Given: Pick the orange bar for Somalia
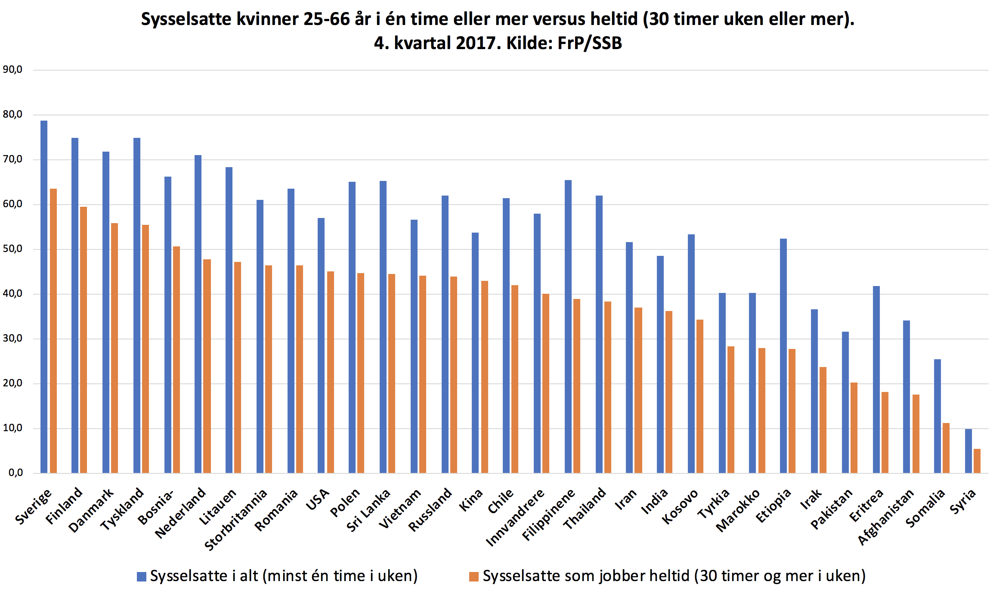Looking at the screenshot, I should pyautogui.click(x=946, y=448).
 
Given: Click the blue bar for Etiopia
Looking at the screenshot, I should pyautogui.click(x=783, y=355).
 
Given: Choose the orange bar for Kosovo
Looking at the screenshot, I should pyautogui.click(x=700, y=396).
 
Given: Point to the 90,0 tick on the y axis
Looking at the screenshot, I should pyautogui.click(x=12, y=69).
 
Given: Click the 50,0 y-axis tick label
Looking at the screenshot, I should pyautogui.click(x=12, y=249).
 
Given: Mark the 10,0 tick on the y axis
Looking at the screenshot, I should pyautogui.click(x=12, y=428).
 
